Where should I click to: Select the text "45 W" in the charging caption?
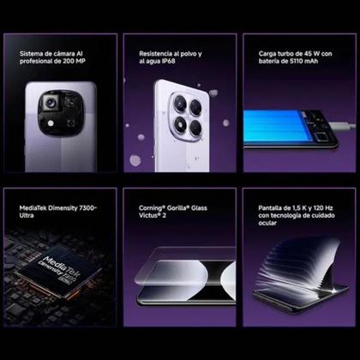click(x=305, y=53)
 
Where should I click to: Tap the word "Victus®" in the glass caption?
click(x=150, y=216)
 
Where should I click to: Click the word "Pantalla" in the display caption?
click(x=272, y=207)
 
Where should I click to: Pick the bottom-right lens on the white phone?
click(x=196, y=129)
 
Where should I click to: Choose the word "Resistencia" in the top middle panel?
click(x=158, y=53)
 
